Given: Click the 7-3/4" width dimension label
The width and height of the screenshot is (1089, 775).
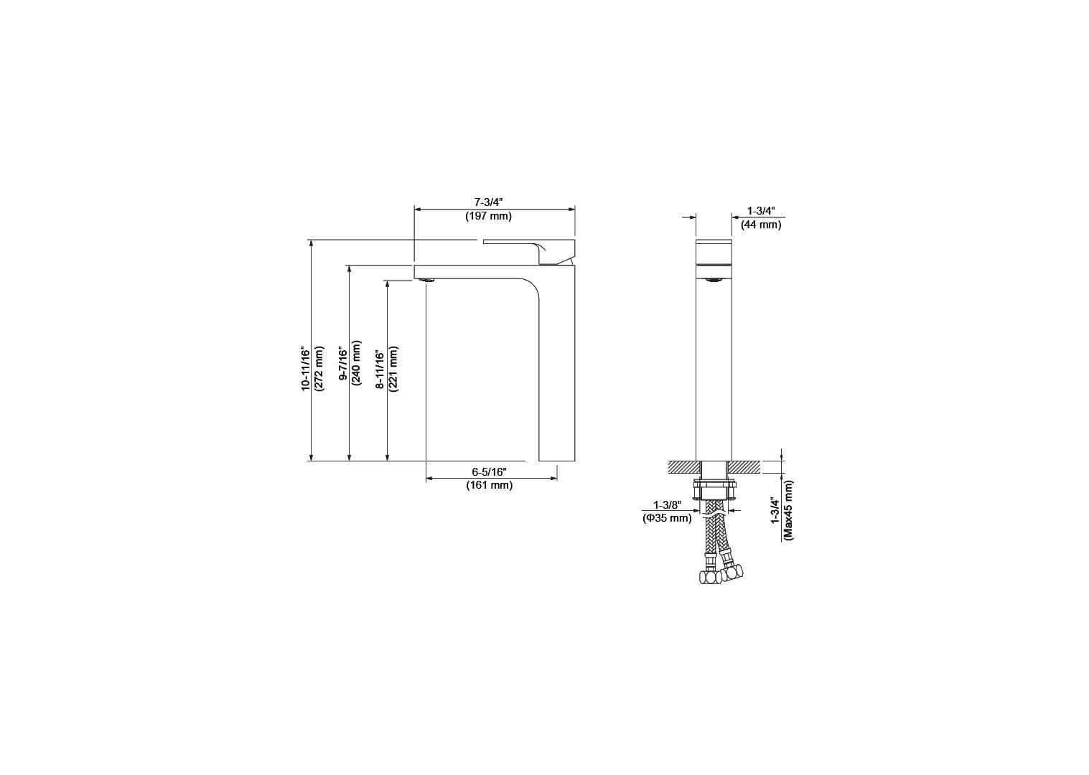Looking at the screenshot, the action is point(488,202).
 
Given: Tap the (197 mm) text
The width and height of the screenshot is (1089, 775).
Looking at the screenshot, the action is point(488,216).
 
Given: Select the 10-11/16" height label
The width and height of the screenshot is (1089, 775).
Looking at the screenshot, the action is point(305,368).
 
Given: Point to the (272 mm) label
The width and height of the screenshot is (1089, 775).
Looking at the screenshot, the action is point(319,368).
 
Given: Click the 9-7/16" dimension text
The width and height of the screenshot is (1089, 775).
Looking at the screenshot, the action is point(343,364).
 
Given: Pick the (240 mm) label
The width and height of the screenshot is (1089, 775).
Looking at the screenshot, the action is point(356,363).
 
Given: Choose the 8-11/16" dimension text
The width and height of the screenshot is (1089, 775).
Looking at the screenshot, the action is point(380,370).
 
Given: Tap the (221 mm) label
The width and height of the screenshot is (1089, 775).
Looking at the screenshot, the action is point(394,369).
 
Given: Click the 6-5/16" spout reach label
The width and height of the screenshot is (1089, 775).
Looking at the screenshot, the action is point(489,471).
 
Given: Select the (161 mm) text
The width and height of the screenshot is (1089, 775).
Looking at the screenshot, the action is point(489,485).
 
